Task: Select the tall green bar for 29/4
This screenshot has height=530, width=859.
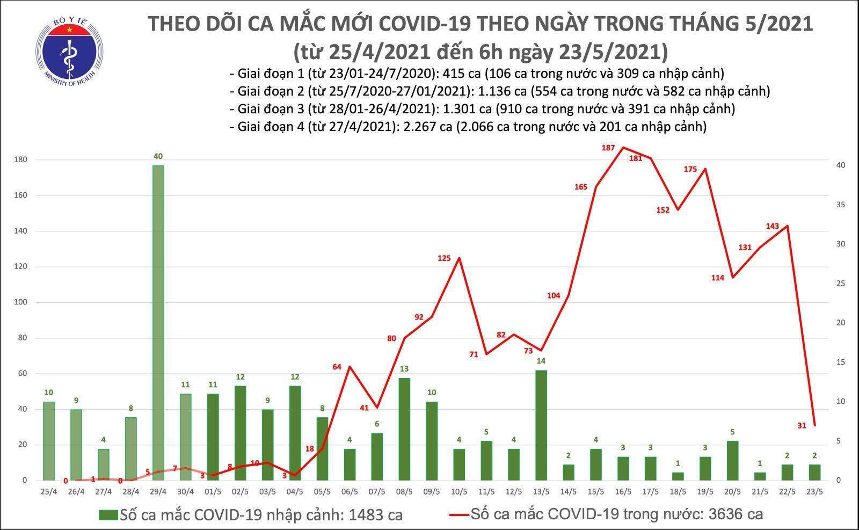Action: [x=158, y=322]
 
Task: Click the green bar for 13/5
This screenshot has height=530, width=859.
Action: [x=541, y=425]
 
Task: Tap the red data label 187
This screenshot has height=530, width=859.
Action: [x=608, y=148]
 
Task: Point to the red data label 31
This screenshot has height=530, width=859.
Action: [x=802, y=426]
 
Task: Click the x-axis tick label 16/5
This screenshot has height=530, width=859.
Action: [x=623, y=491]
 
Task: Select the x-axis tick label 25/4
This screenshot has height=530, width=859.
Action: [x=49, y=491]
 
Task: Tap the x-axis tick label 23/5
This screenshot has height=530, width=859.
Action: [x=814, y=491]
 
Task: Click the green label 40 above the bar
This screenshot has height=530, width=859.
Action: [x=158, y=156]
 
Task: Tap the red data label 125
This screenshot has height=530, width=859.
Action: [x=444, y=258]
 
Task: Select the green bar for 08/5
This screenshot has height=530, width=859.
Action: [x=404, y=429]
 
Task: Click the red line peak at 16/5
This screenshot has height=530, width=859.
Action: [x=623, y=147]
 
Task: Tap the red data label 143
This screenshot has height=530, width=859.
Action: [x=772, y=226]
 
